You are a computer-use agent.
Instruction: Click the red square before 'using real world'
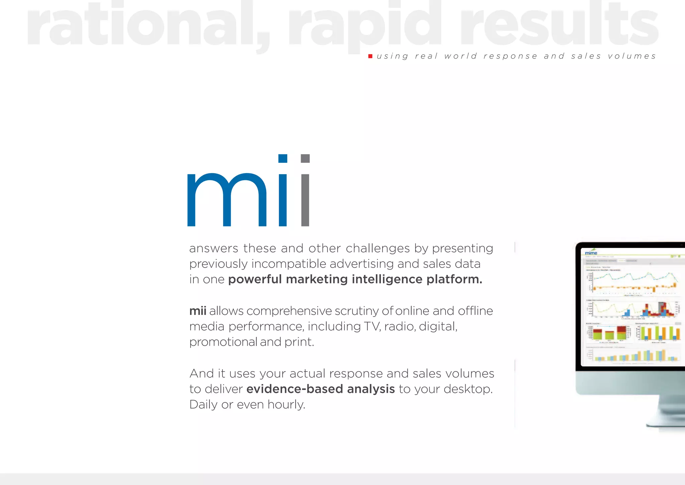[370, 56]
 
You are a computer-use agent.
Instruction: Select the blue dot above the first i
[283, 158]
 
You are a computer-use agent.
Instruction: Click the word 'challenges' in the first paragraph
[378, 249]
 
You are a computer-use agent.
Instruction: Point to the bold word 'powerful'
[255, 279]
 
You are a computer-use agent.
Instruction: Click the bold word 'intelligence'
[387, 279]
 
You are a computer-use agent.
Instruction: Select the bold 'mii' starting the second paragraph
[198, 311]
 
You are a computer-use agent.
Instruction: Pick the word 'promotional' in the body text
[223, 342]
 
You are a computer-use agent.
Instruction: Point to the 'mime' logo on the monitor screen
[591, 253]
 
